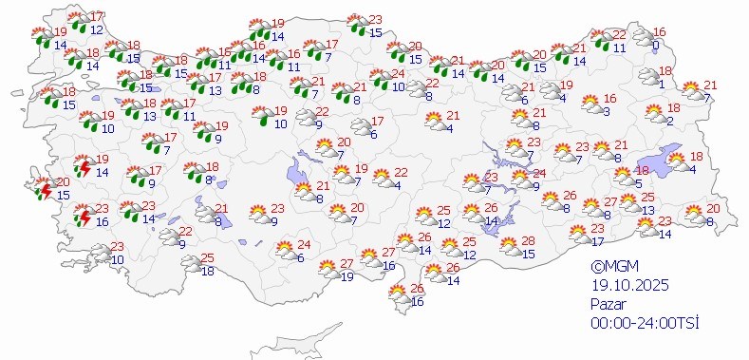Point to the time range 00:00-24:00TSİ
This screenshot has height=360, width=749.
click(644, 323)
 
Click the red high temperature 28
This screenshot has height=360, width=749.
click(529, 241)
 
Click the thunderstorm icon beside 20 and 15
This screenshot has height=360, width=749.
click(43, 189)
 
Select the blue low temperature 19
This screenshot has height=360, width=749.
click(347, 276)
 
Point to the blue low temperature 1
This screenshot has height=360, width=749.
click(661, 84)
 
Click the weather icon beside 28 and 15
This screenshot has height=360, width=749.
click(510, 248)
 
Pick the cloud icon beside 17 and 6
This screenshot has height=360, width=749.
click(361, 127)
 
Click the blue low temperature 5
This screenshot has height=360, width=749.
click(639, 183)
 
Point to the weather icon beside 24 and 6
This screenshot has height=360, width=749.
click(284, 251)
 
